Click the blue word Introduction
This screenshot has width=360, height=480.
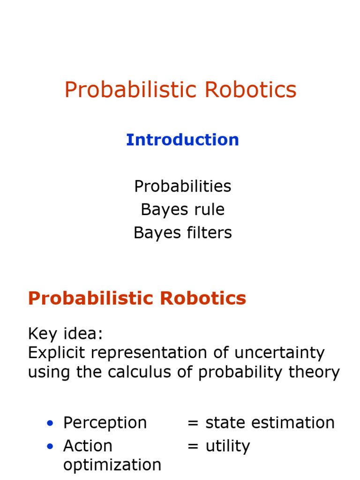(x=182, y=140)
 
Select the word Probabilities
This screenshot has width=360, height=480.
(x=182, y=186)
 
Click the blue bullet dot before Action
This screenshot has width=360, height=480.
(x=50, y=447)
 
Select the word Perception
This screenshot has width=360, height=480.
(x=105, y=423)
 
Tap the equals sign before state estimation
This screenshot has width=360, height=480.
(x=193, y=423)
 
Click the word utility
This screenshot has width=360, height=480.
(x=227, y=446)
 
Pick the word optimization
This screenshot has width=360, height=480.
(x=112, y=465)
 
